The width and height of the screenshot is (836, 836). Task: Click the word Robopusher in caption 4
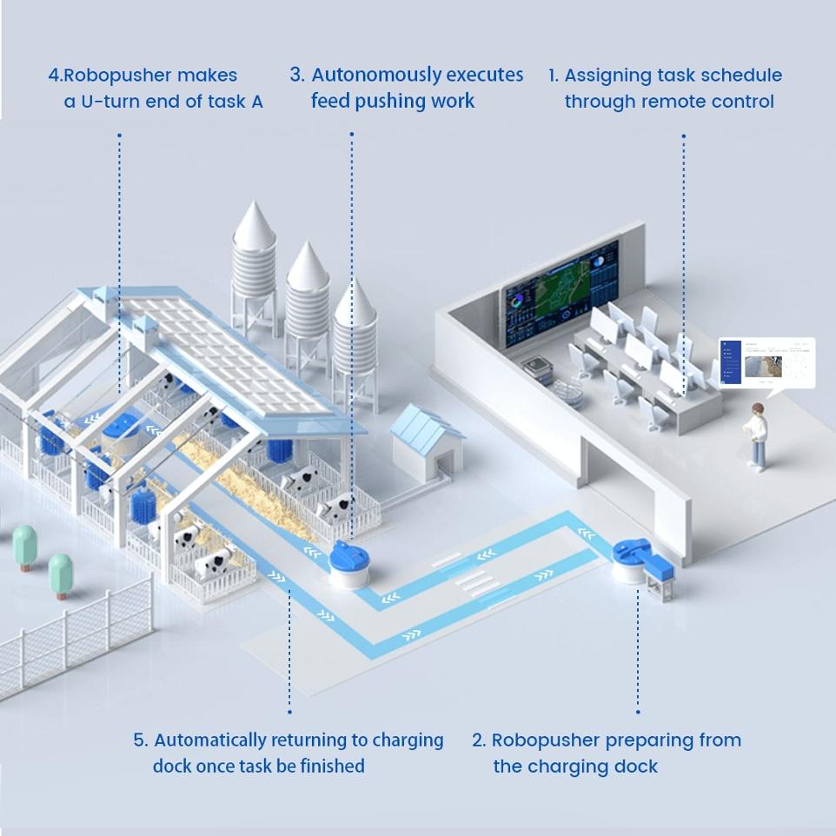(x=112, y=76)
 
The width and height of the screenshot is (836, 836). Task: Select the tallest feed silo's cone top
(x=253, y=221)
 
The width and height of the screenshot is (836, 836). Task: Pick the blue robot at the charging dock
(x=632, y=561)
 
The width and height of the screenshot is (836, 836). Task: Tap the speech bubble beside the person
(x=766, y=362)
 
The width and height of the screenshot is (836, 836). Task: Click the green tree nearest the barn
(x=61, y=572)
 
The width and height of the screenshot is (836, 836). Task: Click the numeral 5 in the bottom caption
(x=140, y=740)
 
